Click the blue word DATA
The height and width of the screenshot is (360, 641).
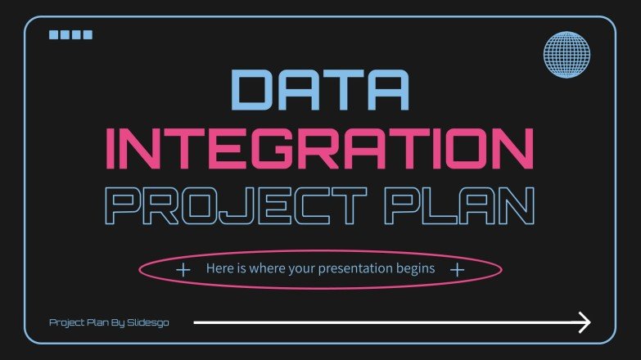pos(320,91)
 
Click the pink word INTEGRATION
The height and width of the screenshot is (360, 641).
pos(320,150)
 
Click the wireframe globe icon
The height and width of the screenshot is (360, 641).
pos(567,54)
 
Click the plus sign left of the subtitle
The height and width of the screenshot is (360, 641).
pos(183,269)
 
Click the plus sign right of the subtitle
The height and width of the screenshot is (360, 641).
pos(458,269)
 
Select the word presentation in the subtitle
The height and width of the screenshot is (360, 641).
pos(359,268)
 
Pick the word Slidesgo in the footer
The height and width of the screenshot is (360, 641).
pos(148,322)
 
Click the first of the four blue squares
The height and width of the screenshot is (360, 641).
pos(55,34)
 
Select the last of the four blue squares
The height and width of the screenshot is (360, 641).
pos(88,34)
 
